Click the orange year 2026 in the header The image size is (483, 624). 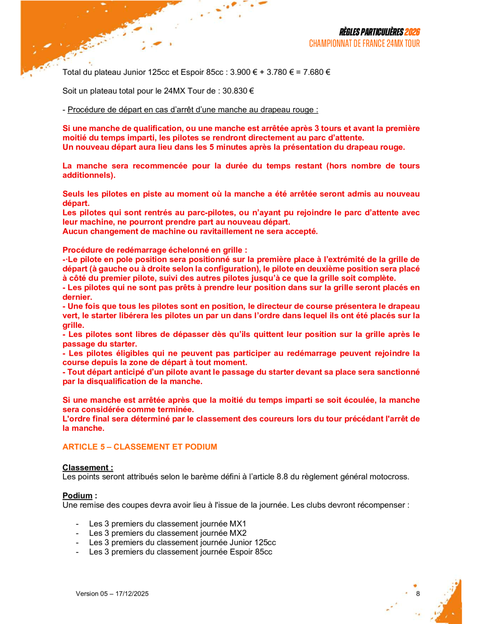pos(412,32)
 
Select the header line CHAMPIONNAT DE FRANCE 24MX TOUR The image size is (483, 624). pos(364,44)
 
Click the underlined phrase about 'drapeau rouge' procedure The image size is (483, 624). pos(193,110)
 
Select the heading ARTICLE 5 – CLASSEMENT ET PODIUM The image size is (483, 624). pos(140,447)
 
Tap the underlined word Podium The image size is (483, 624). pos(77,496)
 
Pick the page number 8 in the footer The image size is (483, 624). pos(418,594)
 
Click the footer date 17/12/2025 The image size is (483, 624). pos(132,594)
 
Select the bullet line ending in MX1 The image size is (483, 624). pos(167,524)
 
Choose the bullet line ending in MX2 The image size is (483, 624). pos(168,533)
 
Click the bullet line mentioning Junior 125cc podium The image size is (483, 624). pos(182,542)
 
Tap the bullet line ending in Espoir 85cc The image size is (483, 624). pos(180,552)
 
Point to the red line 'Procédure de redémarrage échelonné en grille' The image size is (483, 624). pos(155,250)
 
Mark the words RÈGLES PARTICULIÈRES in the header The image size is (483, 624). pos(371,32)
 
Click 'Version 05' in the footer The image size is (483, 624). pos(92,594)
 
